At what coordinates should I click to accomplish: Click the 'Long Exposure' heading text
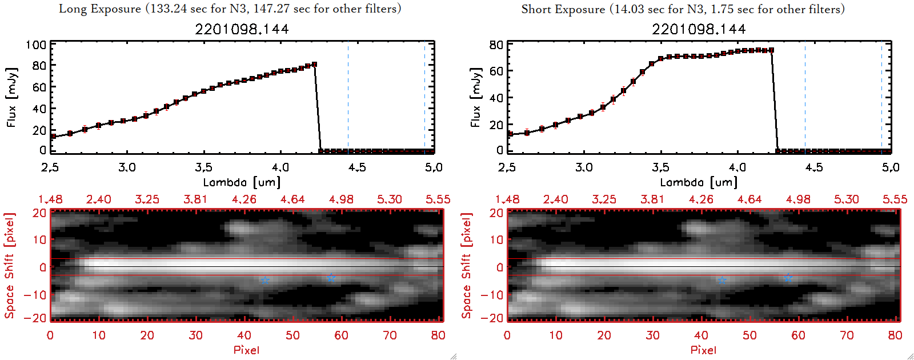coord(100,9)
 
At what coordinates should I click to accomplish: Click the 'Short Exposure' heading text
coord(563,9)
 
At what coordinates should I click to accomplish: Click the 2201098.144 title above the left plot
coord(242,29)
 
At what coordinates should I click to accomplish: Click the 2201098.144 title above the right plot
coord(699,29)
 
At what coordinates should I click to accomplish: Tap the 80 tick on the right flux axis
coord(496,45)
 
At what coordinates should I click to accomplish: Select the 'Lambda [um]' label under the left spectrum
coord(242,182)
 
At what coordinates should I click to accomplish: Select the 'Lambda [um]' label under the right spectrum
coord(699,182)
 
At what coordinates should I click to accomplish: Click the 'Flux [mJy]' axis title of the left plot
coord(12,97)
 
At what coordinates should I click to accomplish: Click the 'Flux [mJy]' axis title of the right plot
coord(475,97)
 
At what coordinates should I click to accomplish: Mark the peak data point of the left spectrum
coord(314,65)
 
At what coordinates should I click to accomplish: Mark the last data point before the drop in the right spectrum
coord(771,50)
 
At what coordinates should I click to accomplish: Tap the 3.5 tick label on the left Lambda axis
coord(203,167)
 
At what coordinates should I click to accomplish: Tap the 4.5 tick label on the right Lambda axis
coord(814,167)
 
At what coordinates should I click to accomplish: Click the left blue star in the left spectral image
coord(265,280)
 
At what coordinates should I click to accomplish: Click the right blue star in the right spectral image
coord(788,277)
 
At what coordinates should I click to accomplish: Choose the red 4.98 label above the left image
coord(341,199)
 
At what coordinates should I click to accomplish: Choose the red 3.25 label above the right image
coord(604,199)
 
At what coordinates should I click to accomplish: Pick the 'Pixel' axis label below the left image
coord(246,350)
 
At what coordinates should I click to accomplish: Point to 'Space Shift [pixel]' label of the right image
coord(467,266)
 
